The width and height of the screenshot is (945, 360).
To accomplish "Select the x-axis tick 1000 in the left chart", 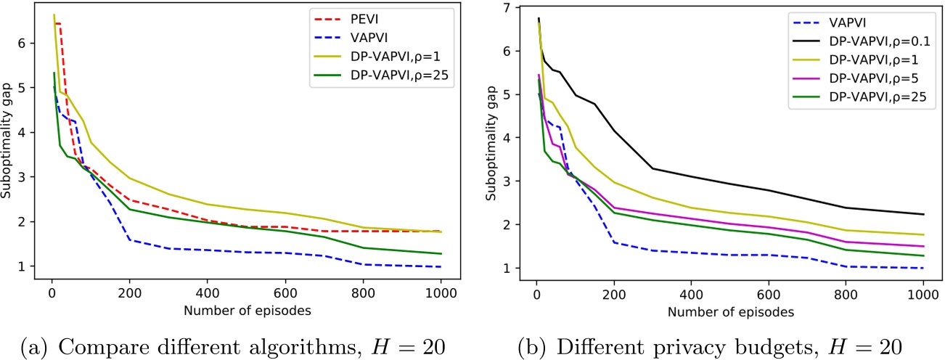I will click(x=440, y=295).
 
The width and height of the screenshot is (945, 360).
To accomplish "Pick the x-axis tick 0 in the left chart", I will click(x=52, y=295).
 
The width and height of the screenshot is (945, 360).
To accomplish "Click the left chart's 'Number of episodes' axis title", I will click(x=246, y=311).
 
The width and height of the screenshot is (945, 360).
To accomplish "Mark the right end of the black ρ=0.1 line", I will click(x=922, y=214).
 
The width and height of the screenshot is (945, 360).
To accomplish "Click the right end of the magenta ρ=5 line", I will click(x=922, y=246).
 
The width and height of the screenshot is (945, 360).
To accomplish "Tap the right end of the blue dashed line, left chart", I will click(x=441, y=266).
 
